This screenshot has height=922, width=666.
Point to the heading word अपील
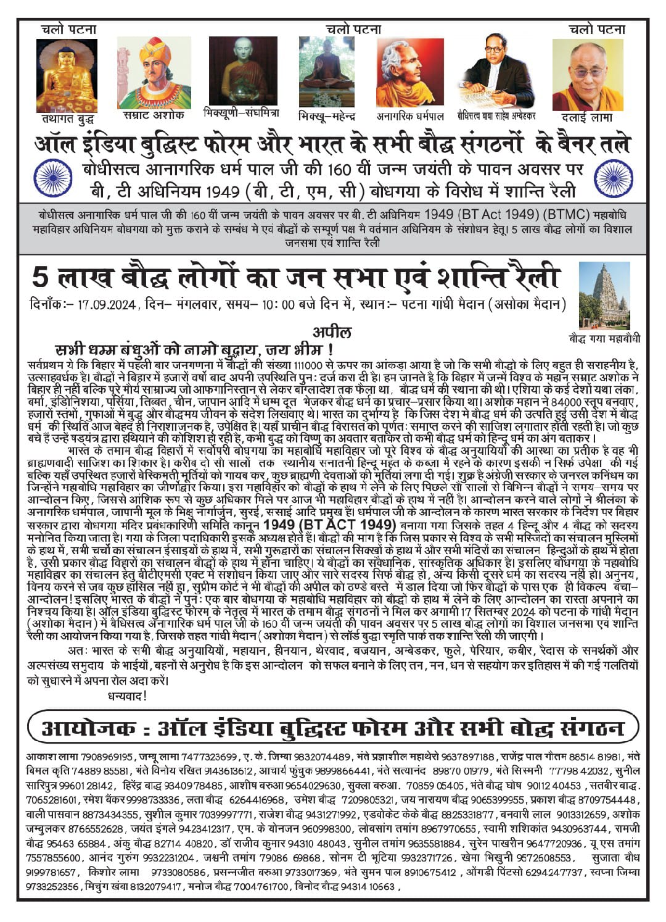(332, 333)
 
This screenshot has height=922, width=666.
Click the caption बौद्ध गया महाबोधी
(604, 338)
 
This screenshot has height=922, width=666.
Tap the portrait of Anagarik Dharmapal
(410, 72)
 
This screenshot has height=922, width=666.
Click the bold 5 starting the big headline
(39, 276)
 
